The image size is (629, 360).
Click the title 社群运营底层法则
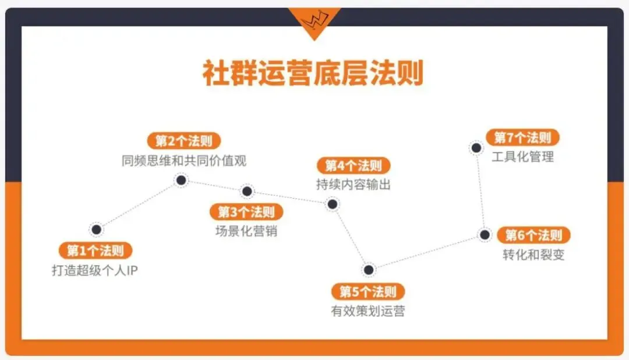[313, 73]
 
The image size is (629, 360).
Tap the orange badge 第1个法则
[96, 251]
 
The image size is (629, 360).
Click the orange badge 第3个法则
[246, 211]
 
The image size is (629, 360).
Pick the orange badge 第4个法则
[353, 165]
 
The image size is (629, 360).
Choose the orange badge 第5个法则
[367, 291]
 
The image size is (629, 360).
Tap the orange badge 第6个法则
[533, 235]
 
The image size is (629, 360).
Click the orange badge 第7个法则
[522, 138]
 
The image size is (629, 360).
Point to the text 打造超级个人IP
[95, 270]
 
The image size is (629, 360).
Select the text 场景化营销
[246, 231]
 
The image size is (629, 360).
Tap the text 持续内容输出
[354, 185]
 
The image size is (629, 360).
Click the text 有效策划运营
[367, 310]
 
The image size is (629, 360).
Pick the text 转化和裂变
[533, 255]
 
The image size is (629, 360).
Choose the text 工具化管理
[522, 157]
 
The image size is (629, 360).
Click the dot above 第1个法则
[97, 230]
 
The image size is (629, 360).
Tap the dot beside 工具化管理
[476, 148]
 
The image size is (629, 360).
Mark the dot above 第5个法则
[368, 270]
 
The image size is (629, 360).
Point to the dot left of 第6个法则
[484, 235]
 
